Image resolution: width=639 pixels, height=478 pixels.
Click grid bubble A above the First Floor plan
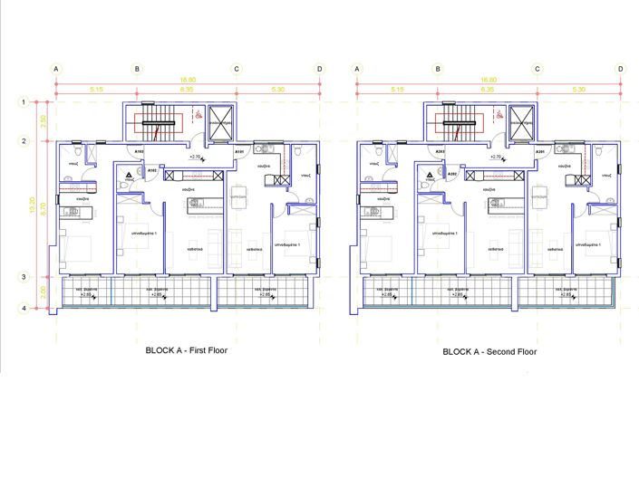[x=56, y=69]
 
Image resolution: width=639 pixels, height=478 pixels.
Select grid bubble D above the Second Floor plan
[x=620, y=69]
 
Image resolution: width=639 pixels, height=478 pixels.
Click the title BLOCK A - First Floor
[x=188, y=349]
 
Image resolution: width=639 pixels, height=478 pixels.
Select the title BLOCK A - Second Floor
[x=489, y=351]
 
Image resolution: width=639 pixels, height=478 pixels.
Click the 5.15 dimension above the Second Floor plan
[x=397, y=90]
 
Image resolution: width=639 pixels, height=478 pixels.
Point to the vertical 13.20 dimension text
[x=34, y=206]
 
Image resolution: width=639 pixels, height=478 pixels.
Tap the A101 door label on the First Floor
[x=239, y=151]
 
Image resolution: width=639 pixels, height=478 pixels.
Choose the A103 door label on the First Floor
[x=140, y=151]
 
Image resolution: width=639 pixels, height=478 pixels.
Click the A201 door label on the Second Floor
[x=538, y=151]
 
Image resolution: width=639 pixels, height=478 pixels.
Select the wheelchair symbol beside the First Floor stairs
[x=198, y=116]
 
